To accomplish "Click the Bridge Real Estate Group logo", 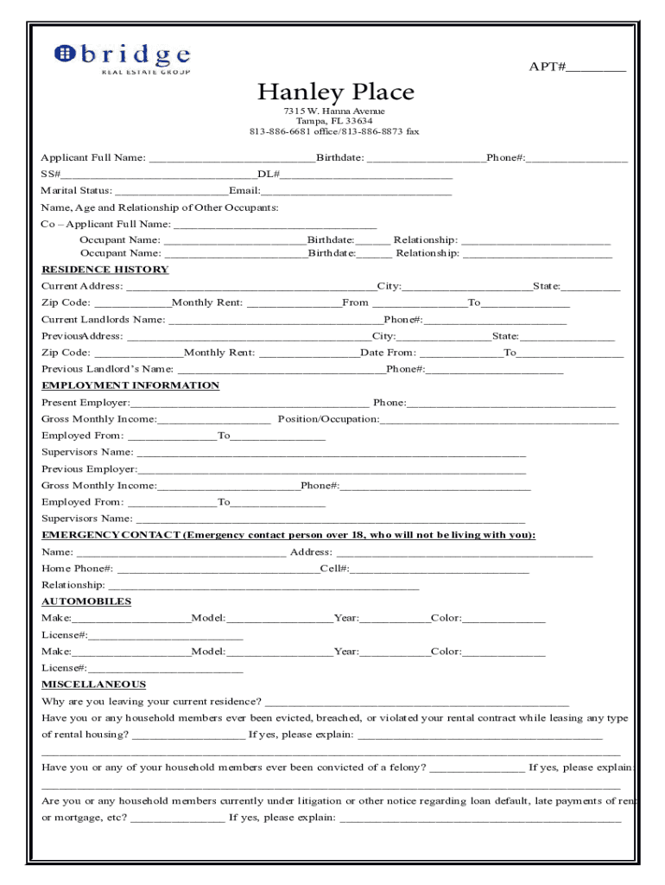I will pyautogui.click(x=122, y=58).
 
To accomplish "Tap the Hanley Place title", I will pyautogui.click(x=335, y=92).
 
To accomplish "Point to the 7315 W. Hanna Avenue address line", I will pyautogui.click(x=334, y=111).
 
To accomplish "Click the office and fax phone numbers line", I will pyautogui.click(x=334, y=131).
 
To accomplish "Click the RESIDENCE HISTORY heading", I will pyautogui.click(x=105, y=270).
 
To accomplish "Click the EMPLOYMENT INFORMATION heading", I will pyautogui.click(x=130, y=385).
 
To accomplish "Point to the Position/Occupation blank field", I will pyautogui.click(x=499, y=421).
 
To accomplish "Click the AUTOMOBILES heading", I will pyautogui.click(x=86, y=602).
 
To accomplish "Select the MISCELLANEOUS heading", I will pyautogui.click(x=93, y=684).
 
